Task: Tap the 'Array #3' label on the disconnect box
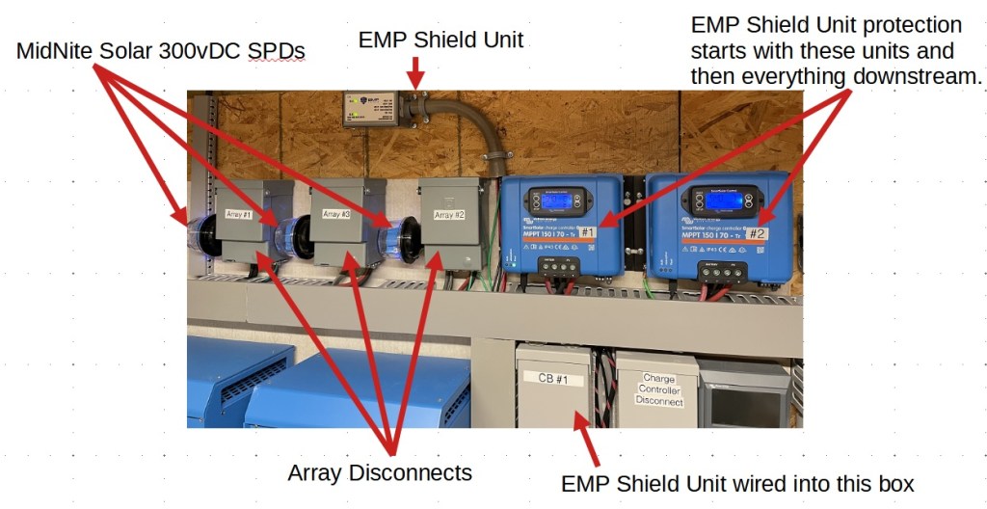point(334,214)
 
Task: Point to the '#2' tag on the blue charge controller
point(757,233)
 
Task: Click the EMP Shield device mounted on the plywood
point(371,108)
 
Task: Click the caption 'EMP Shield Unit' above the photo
point(440,40)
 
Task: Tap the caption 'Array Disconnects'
point(379,472)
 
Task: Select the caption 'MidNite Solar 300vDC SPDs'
point(160,51)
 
